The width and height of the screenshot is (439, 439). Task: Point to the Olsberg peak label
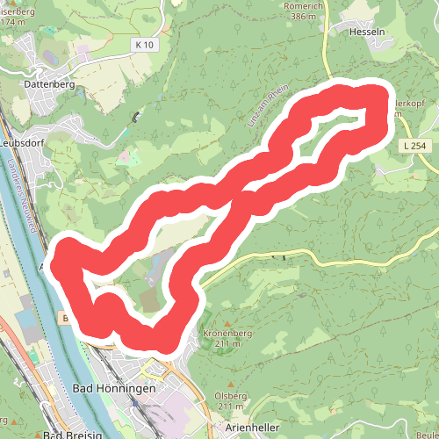pyautogui.click(x=230, y=396)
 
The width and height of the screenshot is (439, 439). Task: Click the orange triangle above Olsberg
pyautogui.click(x=230, y=386)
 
